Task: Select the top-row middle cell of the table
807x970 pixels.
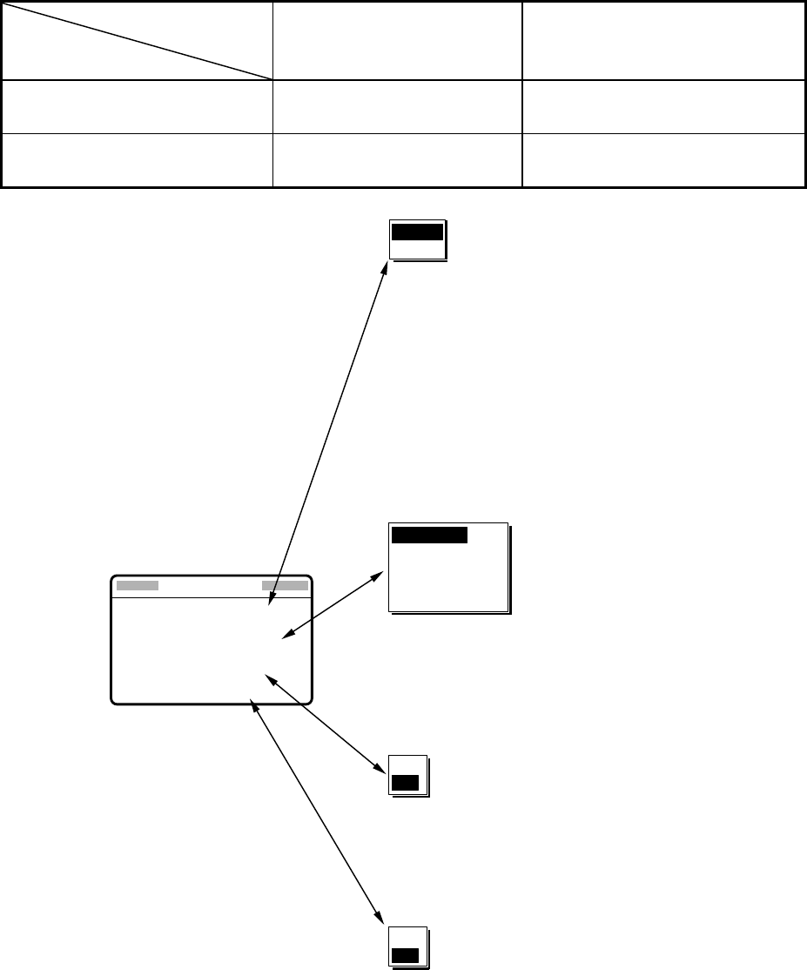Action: pos(397,41)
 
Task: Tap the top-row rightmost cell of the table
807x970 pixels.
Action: pos(662,41)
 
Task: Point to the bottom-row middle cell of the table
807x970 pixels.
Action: pos(397,160)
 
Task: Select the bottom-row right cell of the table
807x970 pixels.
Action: pos(662,160)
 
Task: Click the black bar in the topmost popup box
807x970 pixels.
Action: pos(417,232)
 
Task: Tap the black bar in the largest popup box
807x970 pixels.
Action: pos(430,535)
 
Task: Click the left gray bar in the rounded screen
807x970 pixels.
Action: pos(138,586)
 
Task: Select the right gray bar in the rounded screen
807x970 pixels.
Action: pos(285,586)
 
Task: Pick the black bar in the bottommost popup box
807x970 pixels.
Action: pos(405,956)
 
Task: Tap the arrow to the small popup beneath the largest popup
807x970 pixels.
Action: pos(325,722)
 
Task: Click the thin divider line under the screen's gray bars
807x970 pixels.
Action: pos(212,598)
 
